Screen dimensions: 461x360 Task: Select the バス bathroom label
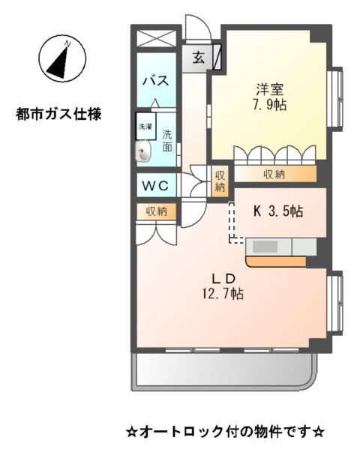[x=155, y=81]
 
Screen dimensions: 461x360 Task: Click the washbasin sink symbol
[x=144, y=153]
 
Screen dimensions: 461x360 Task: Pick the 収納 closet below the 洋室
[x=274, y=175]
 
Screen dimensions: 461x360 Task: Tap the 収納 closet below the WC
[x=156, y=212]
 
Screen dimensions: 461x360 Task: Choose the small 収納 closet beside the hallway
[x=220, y=181]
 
